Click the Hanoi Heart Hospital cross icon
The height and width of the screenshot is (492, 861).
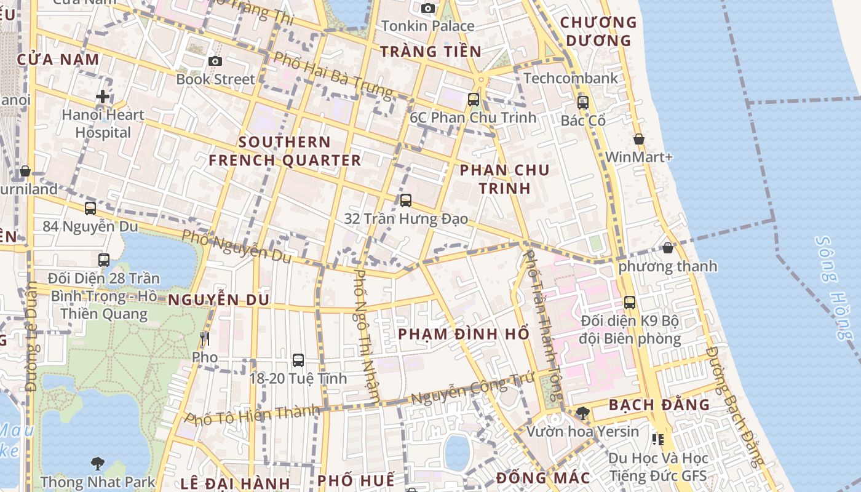(103, 97)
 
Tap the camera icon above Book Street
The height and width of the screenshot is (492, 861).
(215, 61)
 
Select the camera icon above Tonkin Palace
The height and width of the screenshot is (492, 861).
(428, 8)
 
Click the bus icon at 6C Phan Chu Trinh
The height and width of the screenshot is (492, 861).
(473, 99)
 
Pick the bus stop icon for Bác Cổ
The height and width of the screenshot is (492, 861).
(583, 103)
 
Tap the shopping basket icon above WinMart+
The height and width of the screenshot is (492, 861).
(639, 139)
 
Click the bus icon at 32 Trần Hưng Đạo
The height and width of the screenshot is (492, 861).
(405, 200)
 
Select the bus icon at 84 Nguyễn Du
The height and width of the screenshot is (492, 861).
(90, 208)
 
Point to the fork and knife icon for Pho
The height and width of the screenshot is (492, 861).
(205, 339)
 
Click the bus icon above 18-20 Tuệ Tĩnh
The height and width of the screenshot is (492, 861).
(298, 360)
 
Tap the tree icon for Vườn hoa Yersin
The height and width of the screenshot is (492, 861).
(582, 413)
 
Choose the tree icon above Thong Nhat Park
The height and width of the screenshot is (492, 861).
(97, 463)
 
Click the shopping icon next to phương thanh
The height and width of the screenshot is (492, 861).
(668, 248)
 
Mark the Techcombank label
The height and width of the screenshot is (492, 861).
(571, 78)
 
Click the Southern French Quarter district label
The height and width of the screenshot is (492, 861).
(285, 151)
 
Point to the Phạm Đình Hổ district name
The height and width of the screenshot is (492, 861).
(464, 334)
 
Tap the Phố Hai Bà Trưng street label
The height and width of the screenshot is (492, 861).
(333, 75)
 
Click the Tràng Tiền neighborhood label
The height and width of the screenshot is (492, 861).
(430, 52)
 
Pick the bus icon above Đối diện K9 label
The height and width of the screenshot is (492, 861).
(630, 303)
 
